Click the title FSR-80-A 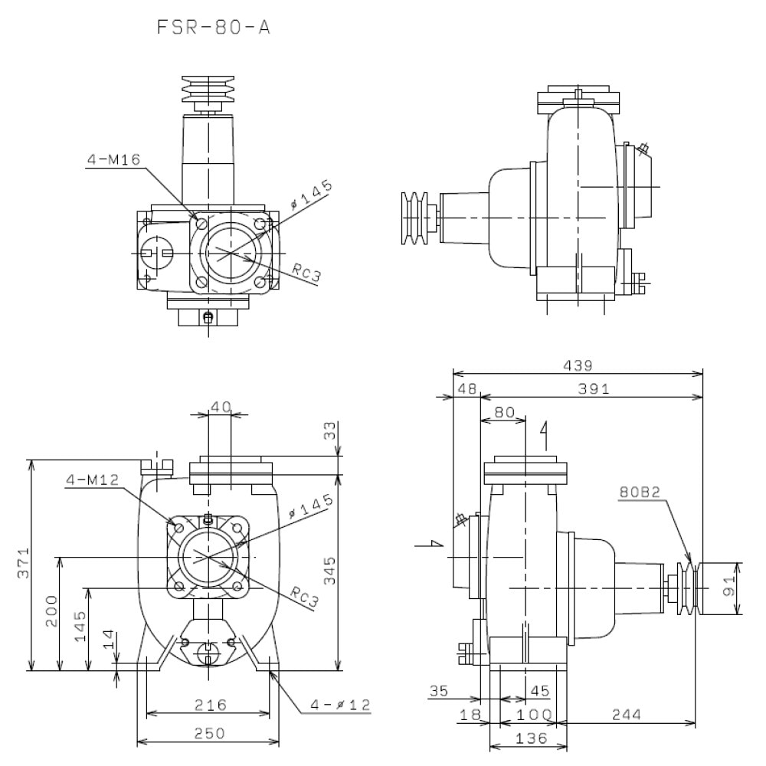pyautogui.click(x=214, y=28)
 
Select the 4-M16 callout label pyautogui.click(x=114, y=159)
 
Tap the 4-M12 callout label pyautogui.click(x=93, y=480)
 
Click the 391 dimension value pyautogui.click(x=594, y=389)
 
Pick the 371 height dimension pyautogui.click(x=24, y=563)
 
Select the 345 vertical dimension pyautogui.click(x=330, y=571)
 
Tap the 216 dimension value pyautogui.click(x=211, y=705)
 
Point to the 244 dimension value pyautogui.click(x=627, y=715)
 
